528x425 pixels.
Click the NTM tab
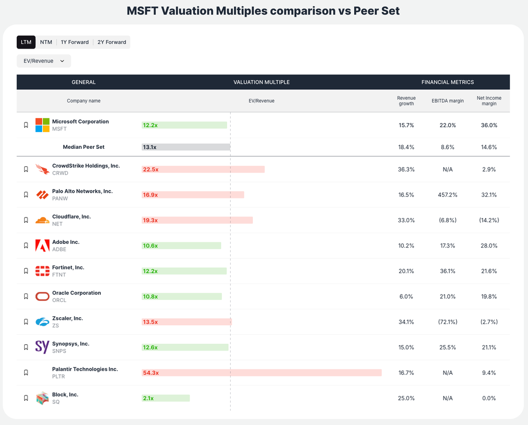[x=46, y=42]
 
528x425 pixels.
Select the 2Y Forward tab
[x=112, y=42]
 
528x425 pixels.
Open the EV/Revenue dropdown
[x=44, y=61]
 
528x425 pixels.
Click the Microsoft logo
[x=42, y=125]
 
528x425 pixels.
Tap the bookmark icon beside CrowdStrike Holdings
[x=26, y=169]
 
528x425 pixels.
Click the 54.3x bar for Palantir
[x=262, y=373]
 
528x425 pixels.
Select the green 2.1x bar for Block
[x=166, y=398]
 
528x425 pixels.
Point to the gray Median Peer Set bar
[x=186, y=147]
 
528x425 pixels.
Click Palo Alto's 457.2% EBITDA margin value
[x=447, y=195]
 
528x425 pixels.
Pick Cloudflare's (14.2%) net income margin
[x=489, y=220]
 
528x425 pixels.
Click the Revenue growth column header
[x=406, y=101]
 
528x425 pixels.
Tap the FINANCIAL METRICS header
[x=447, y=82]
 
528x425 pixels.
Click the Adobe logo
[x=42, y=245]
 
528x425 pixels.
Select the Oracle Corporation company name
[x=77, y=293]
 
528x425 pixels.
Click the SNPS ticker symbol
[x=59, y=351]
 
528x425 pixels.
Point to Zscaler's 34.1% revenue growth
[x=406, y=322]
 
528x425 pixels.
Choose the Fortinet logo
[x=42, y=271]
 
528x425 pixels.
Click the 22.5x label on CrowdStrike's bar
[x=150, y=169]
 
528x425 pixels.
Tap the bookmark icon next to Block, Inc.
[x=26, y=398]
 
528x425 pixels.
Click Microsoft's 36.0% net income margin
[x=489, y=125]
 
